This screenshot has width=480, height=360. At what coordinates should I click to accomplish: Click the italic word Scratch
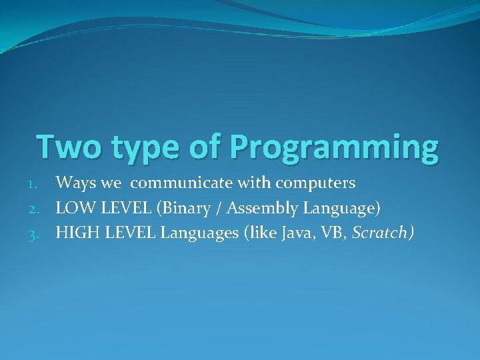[x=382, y=234]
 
